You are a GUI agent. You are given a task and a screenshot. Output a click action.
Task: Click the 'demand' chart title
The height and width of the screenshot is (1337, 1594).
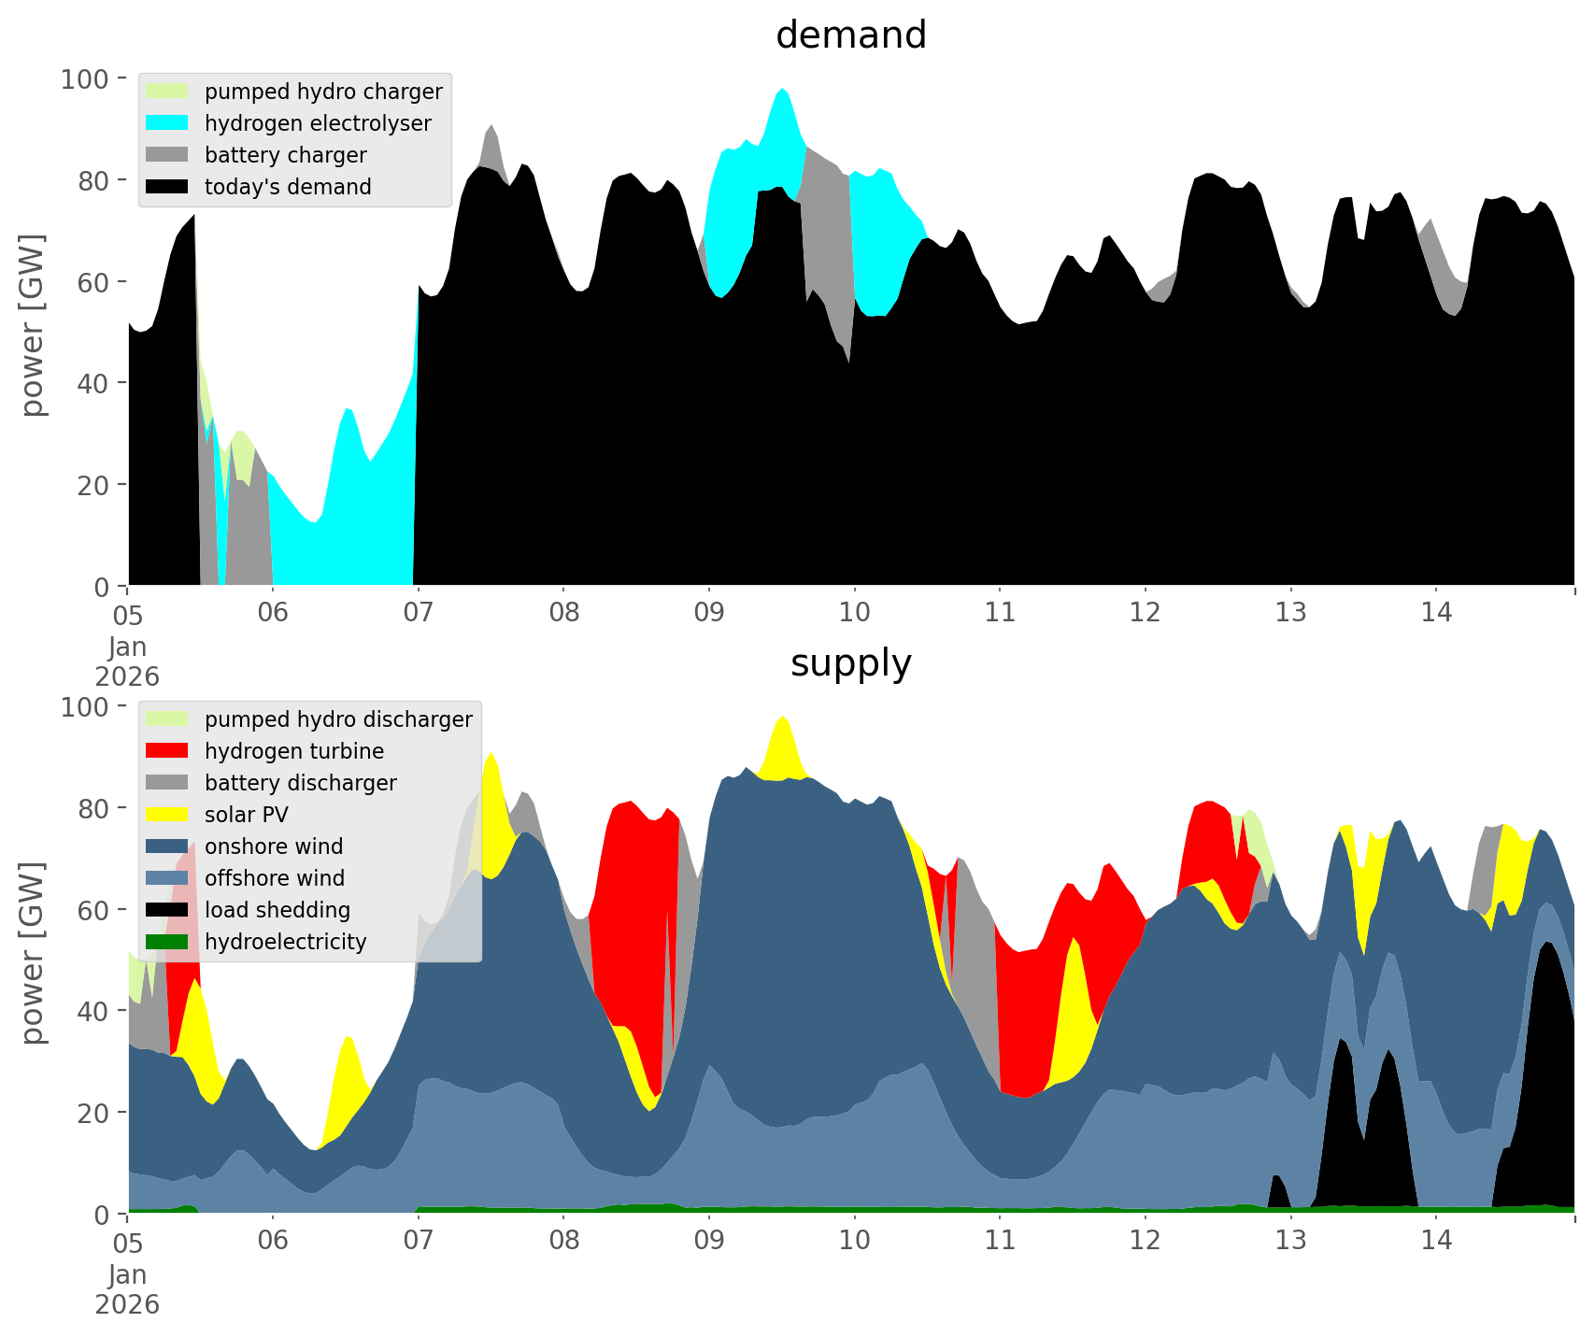[x=850, y=36]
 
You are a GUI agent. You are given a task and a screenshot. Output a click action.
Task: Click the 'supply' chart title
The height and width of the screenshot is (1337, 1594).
[x=850, y=663]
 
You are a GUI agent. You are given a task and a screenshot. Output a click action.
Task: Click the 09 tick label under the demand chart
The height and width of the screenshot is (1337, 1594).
[x=709, y=613]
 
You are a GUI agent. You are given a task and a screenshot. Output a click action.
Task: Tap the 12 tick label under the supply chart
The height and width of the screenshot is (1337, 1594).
[x=1145, y=1241]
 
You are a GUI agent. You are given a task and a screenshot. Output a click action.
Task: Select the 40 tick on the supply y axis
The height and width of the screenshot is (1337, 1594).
[x=94, y=1011]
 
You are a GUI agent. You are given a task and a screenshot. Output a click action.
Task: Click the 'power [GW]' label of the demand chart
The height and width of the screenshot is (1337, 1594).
[x=33, y=325]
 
